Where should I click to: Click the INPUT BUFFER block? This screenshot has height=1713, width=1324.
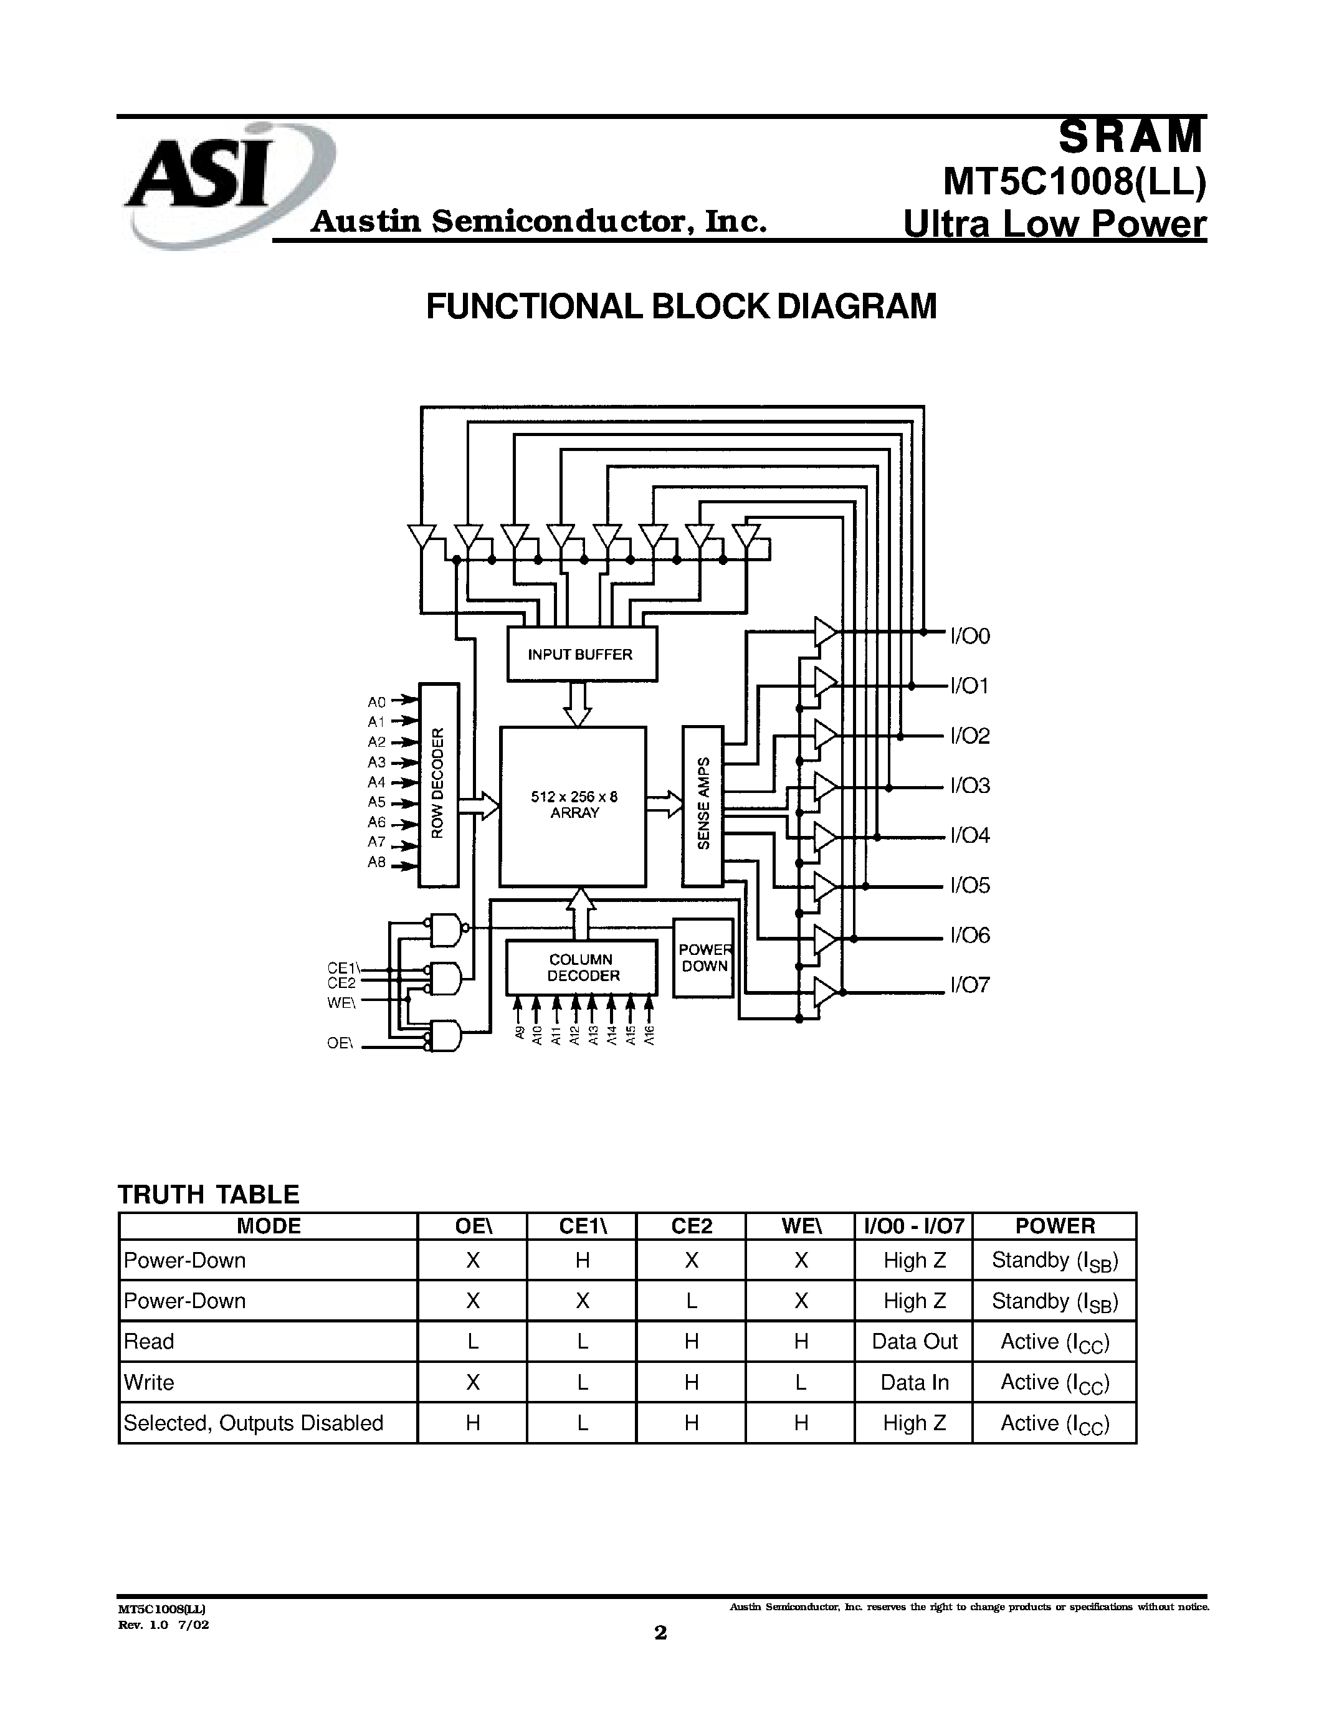click(x=581, y=654)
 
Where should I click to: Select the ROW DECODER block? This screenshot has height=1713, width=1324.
click(x=439, y=784)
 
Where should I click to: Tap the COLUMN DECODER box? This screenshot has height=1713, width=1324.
click(x=581, y=968)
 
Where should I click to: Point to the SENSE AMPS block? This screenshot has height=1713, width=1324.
click(x=702, y=805)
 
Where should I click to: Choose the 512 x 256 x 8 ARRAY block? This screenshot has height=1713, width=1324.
click(x=573, y=805)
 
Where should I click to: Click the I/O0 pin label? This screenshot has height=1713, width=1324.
click(x=970, y=636)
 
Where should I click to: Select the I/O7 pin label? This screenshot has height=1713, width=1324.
click(x=970, y=985)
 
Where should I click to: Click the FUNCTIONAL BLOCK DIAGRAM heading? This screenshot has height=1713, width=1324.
click(x=681, y=306)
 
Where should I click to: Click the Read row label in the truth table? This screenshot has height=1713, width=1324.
click(x=149, y=1342)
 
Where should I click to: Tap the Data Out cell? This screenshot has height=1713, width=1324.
click(x=915, y=1342)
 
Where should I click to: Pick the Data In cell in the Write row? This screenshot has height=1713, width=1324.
click(x=915, y=1383)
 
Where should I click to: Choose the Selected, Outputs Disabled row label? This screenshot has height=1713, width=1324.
click(x=254, y=1423)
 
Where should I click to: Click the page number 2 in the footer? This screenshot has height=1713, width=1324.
click(x=661, y=1632)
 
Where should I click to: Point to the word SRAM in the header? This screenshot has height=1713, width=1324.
click(x=1130, y=137)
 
